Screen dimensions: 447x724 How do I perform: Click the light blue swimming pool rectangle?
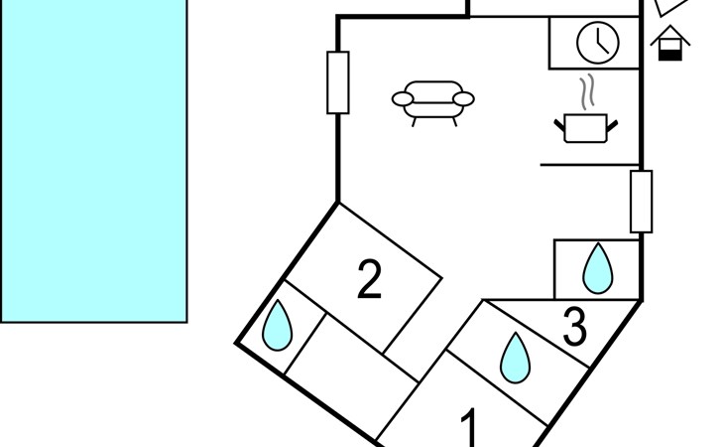click(x=93, y=159)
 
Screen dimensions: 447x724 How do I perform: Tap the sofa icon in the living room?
click(x=433, y=100)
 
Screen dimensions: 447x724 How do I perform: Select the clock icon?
click(x=598, y=42)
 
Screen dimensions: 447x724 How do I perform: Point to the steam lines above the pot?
click(x=587, y=90)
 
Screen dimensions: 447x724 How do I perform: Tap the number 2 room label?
click(x=369, y=279)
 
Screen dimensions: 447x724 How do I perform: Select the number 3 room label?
click(x=574, y=327)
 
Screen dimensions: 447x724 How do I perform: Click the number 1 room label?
click(x=471, y=429)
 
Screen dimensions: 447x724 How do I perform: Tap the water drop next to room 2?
click(x=277, y=326)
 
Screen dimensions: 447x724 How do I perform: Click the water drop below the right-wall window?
click(x=597, y=268)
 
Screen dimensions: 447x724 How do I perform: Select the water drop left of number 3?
click(x=514, y=357)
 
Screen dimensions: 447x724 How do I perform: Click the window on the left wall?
click(x=337, y=81)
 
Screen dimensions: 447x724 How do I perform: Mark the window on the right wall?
click(x=642, y=201)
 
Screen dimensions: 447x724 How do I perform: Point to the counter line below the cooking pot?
click(x=590, y=164)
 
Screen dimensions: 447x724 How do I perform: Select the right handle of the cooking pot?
click(x=613, y=123)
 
